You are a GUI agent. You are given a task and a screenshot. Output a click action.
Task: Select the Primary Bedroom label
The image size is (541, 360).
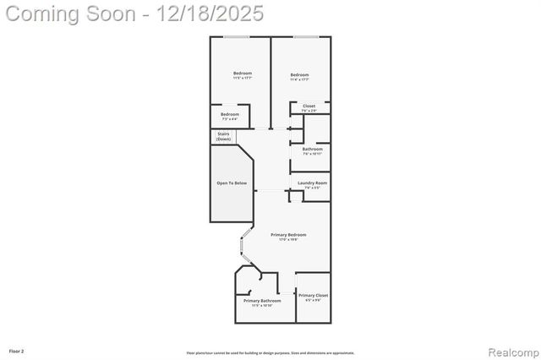(288, 234)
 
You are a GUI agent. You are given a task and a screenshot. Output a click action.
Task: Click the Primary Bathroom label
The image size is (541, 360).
(262, 301)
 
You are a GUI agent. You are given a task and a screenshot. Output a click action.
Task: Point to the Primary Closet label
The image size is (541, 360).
(313, 295)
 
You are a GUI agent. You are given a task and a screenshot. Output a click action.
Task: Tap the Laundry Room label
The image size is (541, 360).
(312, 183)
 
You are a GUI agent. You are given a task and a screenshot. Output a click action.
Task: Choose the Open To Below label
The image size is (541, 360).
(232, 183)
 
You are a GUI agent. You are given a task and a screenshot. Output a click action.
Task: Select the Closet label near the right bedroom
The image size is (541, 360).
(309, 106)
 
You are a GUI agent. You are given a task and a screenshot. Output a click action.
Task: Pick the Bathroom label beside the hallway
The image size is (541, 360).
(313, 149)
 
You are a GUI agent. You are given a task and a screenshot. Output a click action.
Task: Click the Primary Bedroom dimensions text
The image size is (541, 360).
(288, 240)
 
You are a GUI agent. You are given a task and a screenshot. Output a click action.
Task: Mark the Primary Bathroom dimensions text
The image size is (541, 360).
(262, 306)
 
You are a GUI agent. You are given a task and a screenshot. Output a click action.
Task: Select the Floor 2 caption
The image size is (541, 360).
(16, 350)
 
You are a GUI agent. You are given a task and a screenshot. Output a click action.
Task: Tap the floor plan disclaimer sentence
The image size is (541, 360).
(270, 353)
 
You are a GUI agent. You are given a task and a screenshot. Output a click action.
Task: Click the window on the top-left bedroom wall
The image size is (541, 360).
(237, 36)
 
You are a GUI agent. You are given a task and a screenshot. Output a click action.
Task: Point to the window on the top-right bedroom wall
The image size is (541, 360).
(305, 36)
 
